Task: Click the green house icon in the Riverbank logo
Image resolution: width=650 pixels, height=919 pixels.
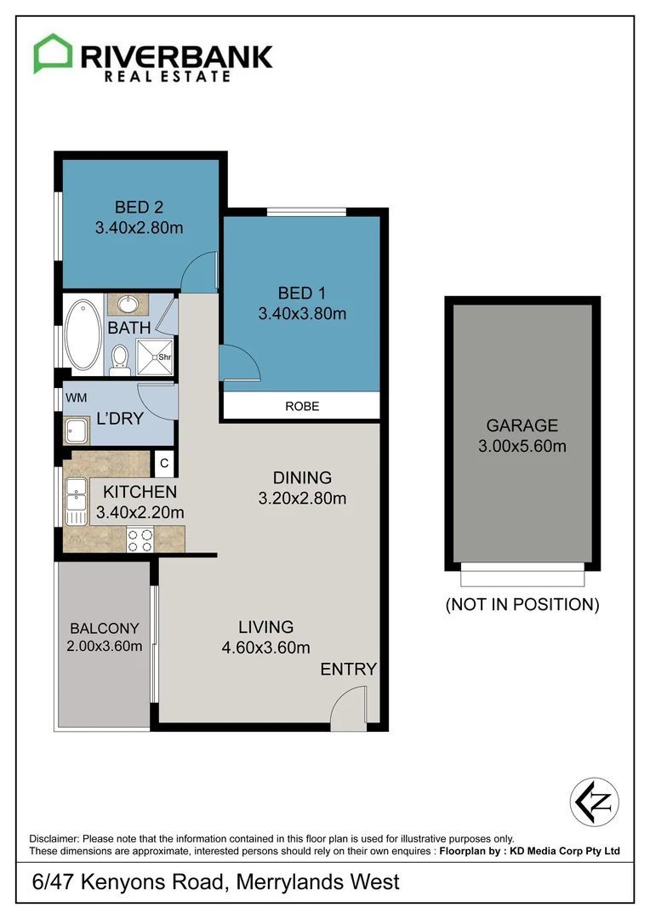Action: click(x=52, y=54)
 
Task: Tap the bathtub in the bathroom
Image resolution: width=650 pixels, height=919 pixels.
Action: click(x=83, y=334)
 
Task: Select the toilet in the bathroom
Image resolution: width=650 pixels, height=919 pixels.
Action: click(x=120, y=358)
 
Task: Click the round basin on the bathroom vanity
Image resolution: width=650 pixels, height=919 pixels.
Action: click(x=130, y=304)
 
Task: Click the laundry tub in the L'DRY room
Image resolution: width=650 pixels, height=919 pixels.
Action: click(x=77, y=431)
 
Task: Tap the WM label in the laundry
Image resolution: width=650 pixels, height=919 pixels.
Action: click(x=76, y=397)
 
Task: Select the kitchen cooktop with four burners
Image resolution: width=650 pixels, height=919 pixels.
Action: click(x=139, y=538)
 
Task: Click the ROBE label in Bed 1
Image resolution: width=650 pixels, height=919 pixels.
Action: click(x=302, y=406)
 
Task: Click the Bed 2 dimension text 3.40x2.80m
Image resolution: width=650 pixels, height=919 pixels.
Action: click(x=140, y=228)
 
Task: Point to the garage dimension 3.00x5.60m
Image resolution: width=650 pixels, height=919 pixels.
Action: click(x=522, y=446)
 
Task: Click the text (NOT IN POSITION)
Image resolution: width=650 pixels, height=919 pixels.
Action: click(x=522, y=605)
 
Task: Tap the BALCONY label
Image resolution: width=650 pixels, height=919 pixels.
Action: click(x=104, y=628)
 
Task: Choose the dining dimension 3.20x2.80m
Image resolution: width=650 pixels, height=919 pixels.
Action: click(x=302, y=499)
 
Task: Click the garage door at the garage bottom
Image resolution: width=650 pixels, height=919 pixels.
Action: click(x=523, y=576)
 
